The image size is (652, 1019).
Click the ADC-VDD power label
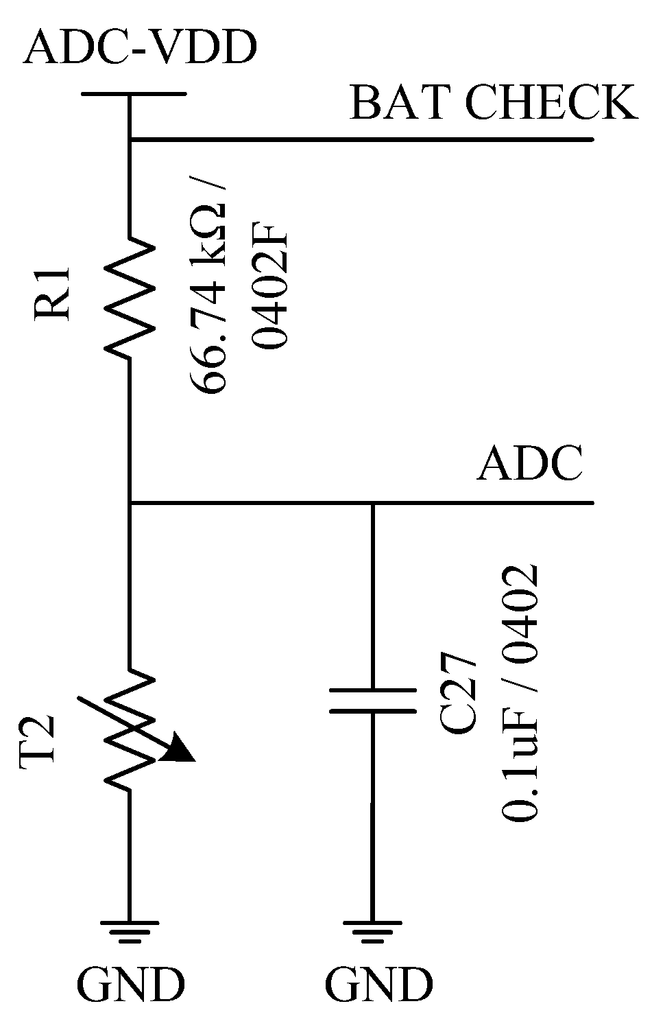(140, 49)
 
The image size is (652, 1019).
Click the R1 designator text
(53, 292)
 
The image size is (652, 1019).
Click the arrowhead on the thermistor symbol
(180, 749)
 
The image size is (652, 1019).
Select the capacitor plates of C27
(372, 701)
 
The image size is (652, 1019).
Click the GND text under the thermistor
(131, 985)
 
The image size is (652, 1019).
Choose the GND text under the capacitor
(378, 985)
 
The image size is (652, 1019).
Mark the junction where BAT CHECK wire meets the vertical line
(130, 140)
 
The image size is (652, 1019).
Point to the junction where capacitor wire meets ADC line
(372, 504)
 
